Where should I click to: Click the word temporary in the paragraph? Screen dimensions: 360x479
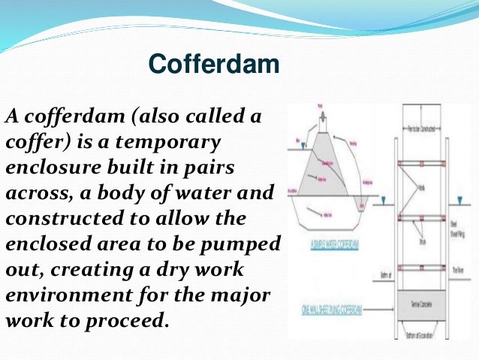coord(174,141)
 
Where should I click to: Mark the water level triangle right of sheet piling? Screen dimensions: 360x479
coord(457,201)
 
